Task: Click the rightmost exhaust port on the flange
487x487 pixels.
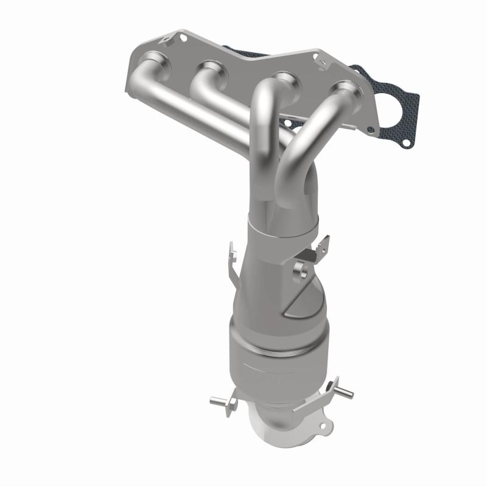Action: [345, 89]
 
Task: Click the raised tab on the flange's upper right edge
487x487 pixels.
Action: [317, 58]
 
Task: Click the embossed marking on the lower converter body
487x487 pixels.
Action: [268, 371]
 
